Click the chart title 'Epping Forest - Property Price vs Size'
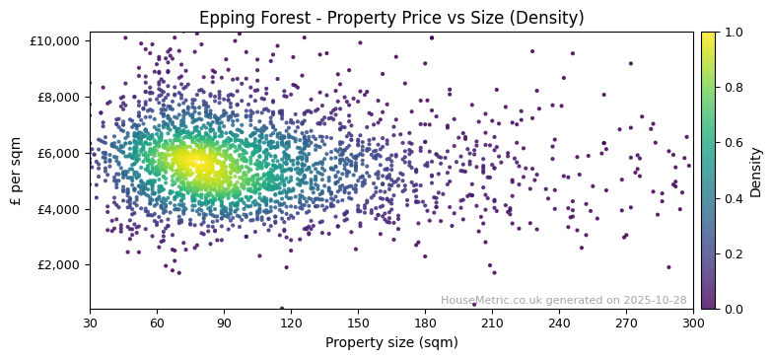click(391, 18)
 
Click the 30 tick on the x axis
click(90, 323)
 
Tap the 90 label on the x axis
click(224, 323)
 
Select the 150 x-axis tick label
click(358, 323)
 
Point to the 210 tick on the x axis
click(492, 323)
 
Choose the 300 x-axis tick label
click(693, 323)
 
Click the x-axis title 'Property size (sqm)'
click(391, 342)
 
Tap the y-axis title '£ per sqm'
click(17, 171)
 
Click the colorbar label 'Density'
click(756, 171)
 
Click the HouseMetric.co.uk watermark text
click(563, 300)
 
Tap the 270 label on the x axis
click(626, 323)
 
